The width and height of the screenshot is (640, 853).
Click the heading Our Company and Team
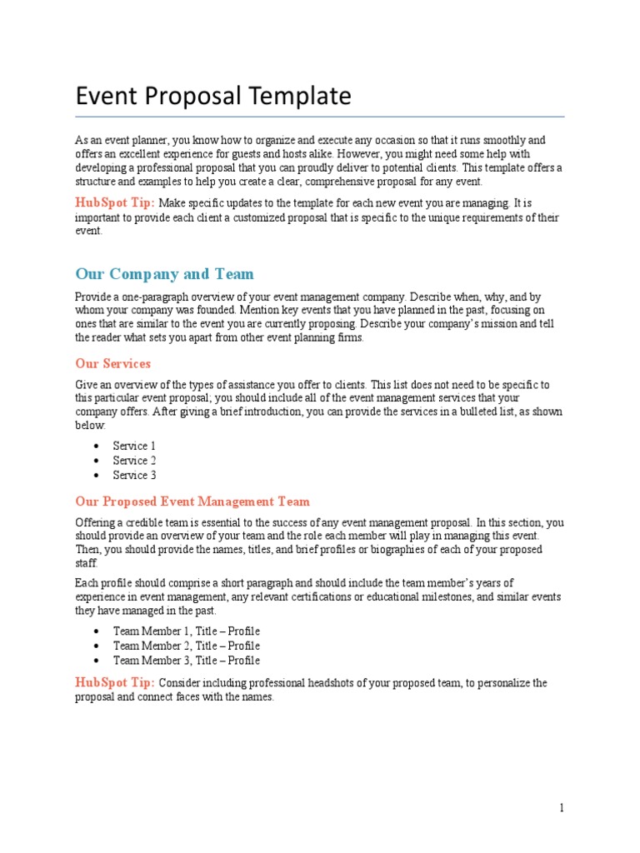point(164,274)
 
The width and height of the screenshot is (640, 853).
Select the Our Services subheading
point(112,364)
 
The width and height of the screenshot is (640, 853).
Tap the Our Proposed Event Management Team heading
point(192,501)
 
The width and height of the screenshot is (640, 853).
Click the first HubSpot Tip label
point(114,202)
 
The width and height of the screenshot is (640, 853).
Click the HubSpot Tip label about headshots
point(114,682)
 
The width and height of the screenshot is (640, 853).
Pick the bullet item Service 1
point(134,446)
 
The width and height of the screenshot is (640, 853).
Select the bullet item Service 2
point(134,461)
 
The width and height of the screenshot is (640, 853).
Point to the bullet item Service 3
point(134,476)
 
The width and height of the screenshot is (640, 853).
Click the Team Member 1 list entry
point(186,631)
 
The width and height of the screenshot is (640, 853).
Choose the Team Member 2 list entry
point(186,646)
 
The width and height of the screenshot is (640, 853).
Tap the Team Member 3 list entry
point(186,661)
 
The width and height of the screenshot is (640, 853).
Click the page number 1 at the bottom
point(562,808)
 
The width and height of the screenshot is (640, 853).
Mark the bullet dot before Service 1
point(97,446)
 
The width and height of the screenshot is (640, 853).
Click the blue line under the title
point(320,117)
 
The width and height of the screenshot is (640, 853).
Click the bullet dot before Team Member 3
point(97,661)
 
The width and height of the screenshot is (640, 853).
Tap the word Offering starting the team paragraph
point(96,522)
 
